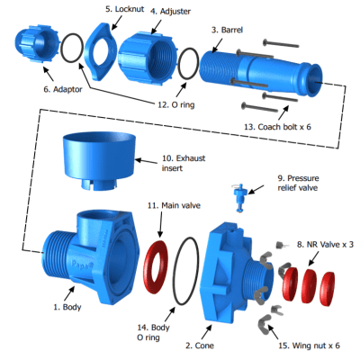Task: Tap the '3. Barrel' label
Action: [229, 30]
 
